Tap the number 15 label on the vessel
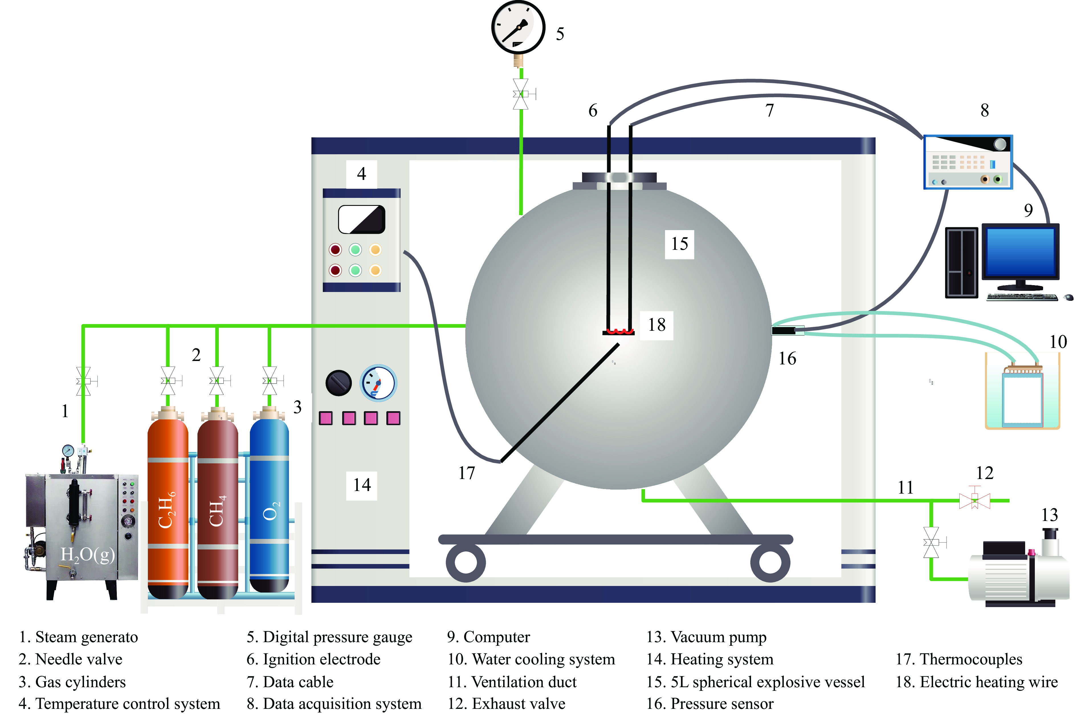(679, 244)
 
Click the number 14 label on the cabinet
(362, 485)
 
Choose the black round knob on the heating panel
(338, 383)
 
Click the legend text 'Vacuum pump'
(719, 637)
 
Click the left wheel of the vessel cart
(466, 563)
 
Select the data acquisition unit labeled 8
(968, 162)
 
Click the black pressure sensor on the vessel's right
(784, 330)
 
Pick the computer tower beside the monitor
(961, 263)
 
